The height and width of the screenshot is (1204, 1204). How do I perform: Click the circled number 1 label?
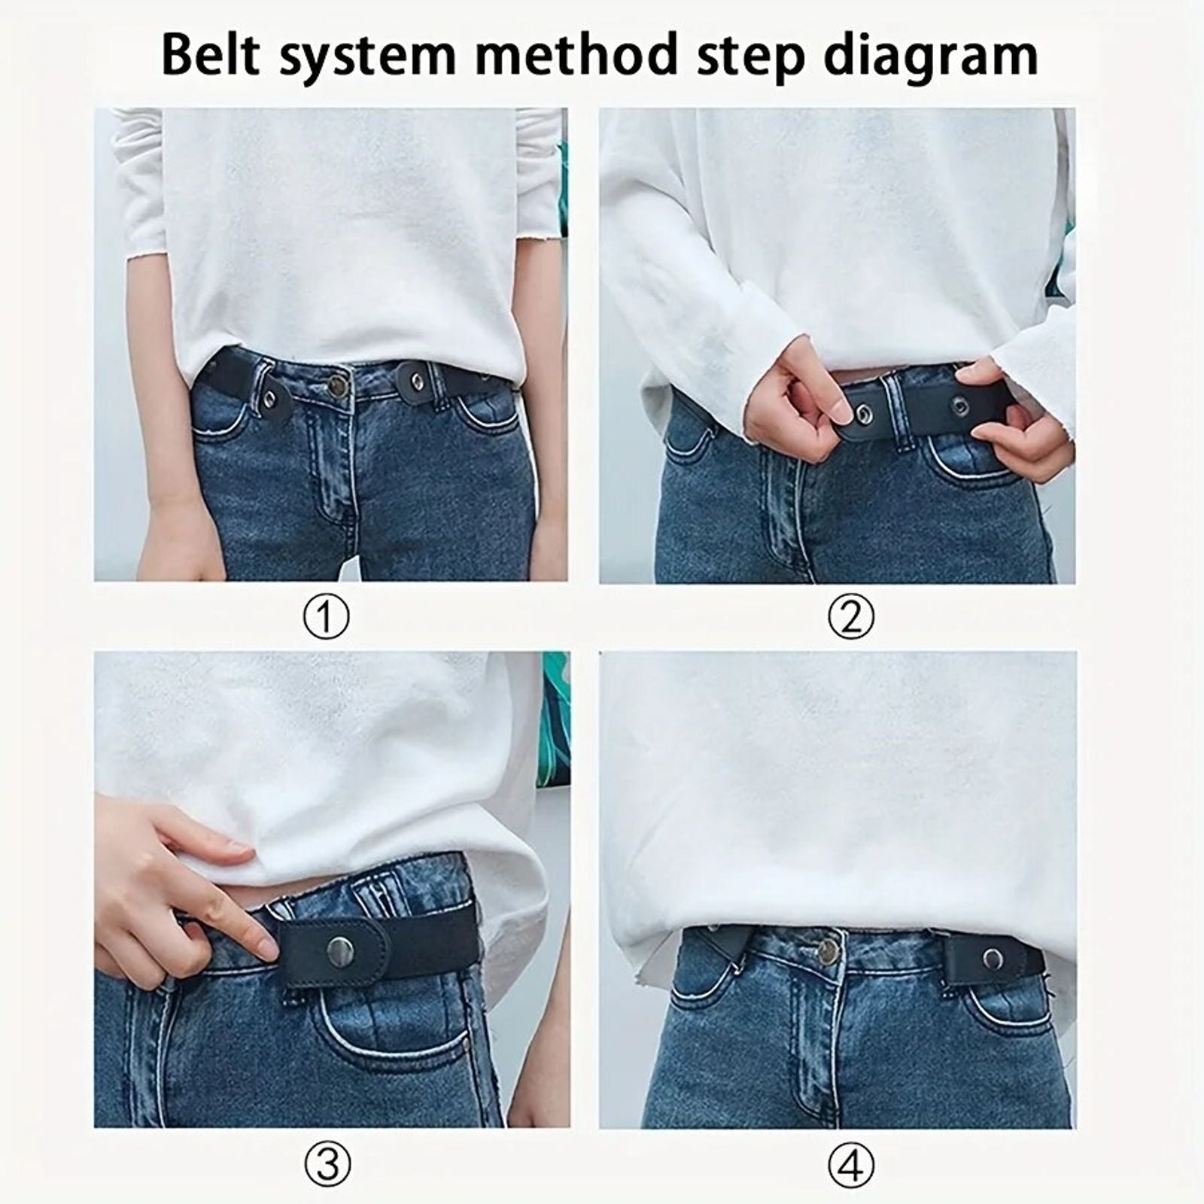(x=327, y=618)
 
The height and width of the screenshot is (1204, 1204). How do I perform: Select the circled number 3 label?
(x=327, y=1165)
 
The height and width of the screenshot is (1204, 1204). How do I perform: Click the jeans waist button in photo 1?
(x=339, y=386)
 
